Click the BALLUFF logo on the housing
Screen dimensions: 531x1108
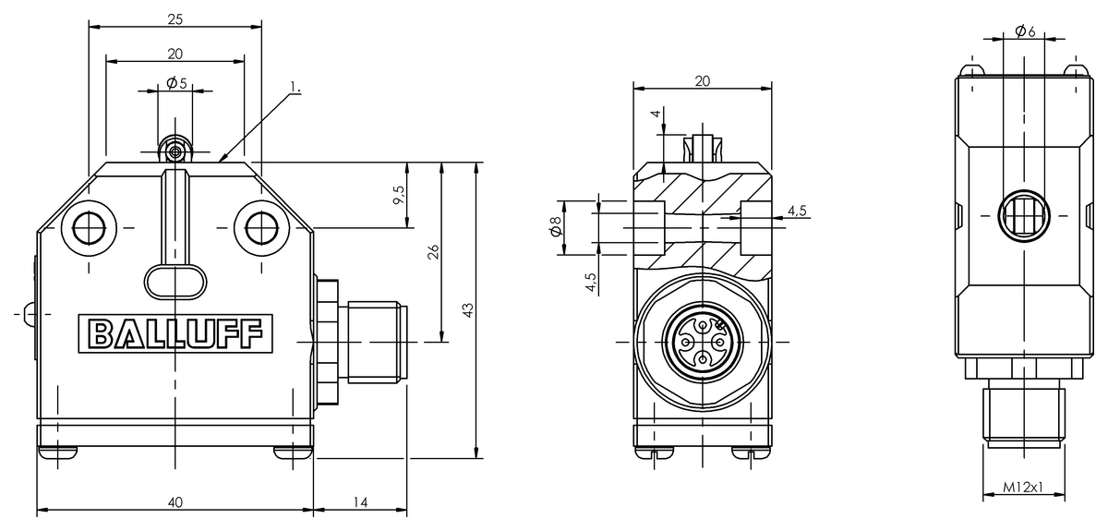[x=175, y=333]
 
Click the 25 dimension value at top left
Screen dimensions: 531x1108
[x=175, y=18]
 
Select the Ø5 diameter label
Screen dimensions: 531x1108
[x=176, y=83]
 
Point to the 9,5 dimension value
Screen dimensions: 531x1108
[x=398, y=195]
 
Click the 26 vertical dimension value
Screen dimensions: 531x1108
[x=432, y=253]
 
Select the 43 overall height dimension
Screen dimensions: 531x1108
[x=467, y=310]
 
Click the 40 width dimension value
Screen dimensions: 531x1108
[x=175, y=501]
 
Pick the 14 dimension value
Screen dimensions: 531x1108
[x=360, y=501]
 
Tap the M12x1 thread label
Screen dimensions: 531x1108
[x=1022, y=487]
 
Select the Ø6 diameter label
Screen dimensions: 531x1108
[x=1023, y=31]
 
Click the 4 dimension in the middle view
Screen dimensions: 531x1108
[x=656, y=114]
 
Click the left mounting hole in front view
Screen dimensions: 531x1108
[x=89, y=226]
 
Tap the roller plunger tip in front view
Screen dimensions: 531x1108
[x=175, y=149]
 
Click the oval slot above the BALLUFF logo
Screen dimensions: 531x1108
[x=175, y=282]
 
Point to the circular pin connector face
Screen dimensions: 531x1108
[x=702, y=342]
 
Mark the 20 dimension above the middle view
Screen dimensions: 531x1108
[x=702, y=80]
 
